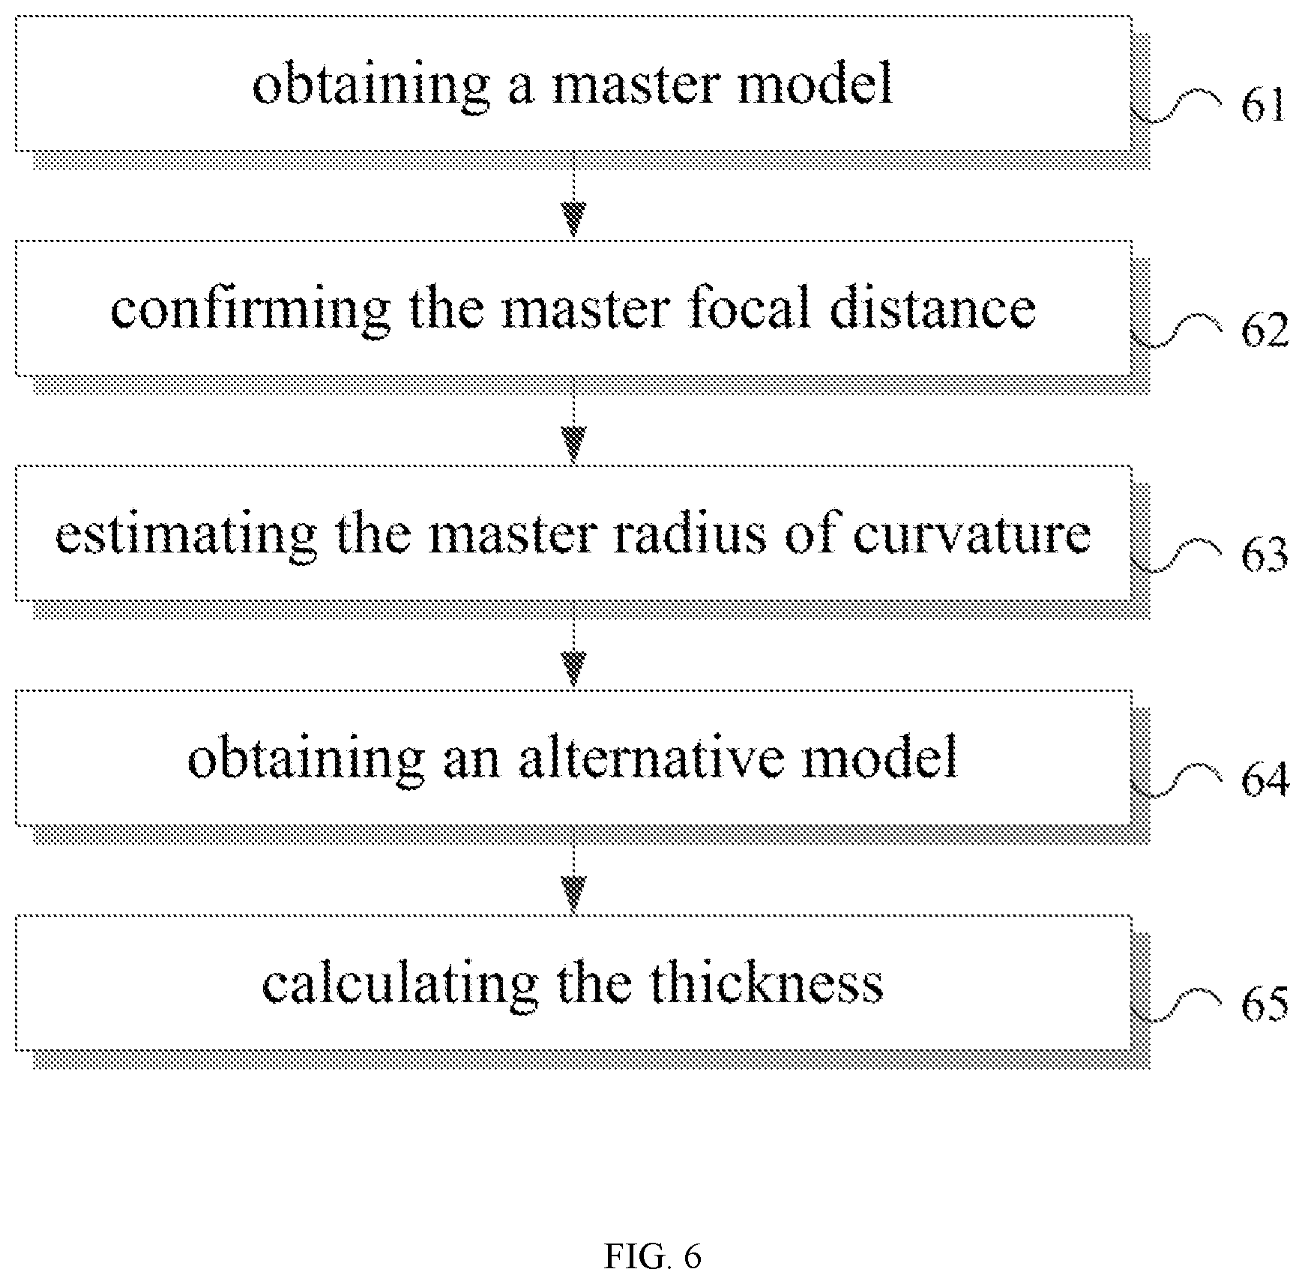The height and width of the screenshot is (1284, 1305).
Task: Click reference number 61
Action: click(x=1263, y=106)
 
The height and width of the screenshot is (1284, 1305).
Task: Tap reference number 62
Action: click(x=1265, y=331)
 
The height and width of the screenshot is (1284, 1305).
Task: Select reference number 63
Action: click(x=1265, y=555)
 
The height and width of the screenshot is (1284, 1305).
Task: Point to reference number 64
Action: click(x=1265, y=780)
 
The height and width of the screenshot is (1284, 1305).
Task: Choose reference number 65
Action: click(x=1265, y=1005)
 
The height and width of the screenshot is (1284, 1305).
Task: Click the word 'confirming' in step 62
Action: click(x=250, y=310)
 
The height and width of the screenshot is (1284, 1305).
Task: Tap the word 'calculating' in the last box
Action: click(x=400, y=985)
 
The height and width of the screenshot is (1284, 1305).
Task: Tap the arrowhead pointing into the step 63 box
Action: click(x=573, y=444)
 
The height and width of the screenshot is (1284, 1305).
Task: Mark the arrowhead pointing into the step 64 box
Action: click(x=573, y=669)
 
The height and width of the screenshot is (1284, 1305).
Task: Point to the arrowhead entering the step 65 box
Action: click(x=573, y=893)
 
